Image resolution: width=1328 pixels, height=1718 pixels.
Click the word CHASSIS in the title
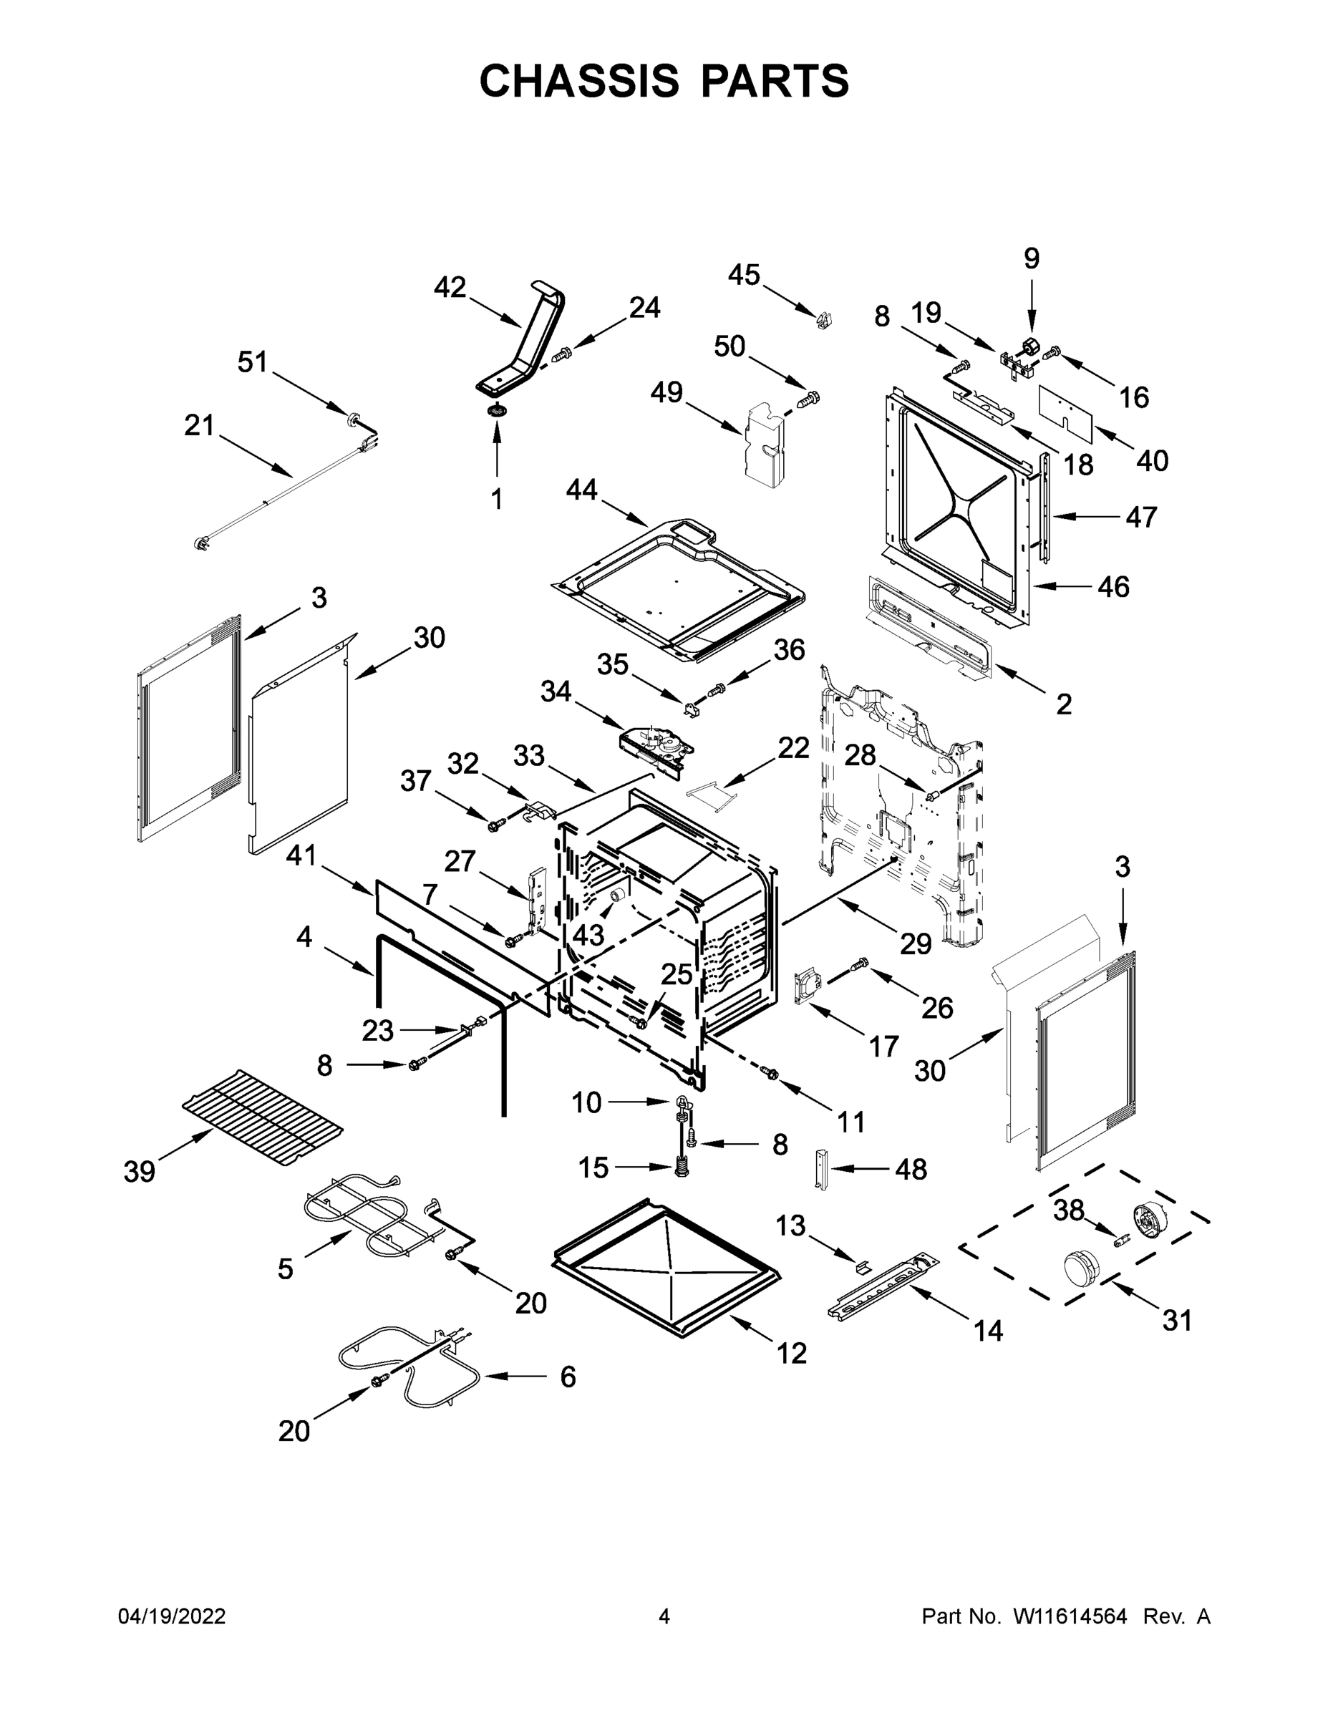[579, 81]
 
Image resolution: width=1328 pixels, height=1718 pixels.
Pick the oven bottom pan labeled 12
[669, 1266]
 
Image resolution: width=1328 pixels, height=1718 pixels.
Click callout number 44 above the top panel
[581, 490]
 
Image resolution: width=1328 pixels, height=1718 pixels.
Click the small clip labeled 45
[824, 320]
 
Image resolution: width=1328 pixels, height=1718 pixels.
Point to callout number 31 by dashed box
[1177, 1320]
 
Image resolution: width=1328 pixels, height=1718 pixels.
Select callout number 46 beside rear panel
[1113, 586]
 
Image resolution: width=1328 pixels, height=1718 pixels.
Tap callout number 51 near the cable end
[253, 363]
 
